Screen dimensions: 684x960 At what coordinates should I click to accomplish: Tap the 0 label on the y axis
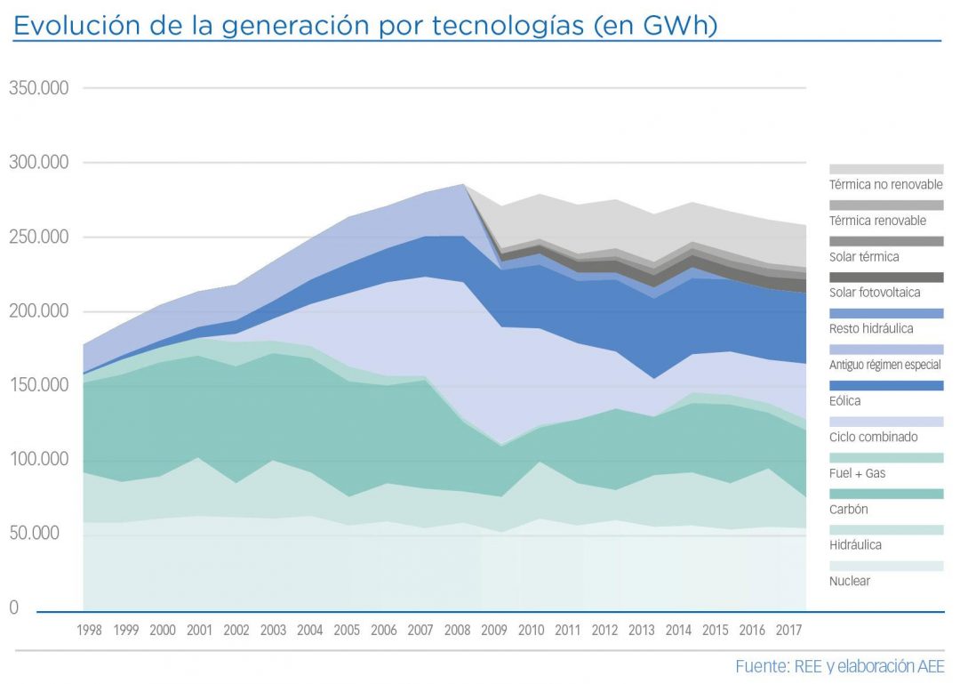tap(13, 608)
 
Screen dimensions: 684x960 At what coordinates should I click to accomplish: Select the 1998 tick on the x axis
tap(89, 630)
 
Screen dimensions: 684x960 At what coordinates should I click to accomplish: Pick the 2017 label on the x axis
tap(789, 630)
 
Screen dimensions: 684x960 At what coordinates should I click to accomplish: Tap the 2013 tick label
tap(642, 630)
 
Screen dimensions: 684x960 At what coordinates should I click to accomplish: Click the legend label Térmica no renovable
tap(885, 185)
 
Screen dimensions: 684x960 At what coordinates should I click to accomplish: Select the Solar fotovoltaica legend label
tap(875, 293)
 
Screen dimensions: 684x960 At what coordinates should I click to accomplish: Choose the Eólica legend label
tap(845, 401)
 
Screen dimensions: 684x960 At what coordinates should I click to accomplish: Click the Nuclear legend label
tap(850, 581)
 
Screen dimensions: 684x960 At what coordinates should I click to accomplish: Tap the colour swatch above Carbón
tap(886, 494)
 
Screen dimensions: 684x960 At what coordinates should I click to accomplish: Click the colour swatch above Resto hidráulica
tap(886, 313)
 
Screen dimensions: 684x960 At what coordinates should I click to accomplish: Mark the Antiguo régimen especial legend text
tap(885, 365)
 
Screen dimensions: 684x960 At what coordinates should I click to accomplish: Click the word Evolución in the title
tap(69, 26)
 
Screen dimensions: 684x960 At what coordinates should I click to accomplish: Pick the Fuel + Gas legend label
tap(857, 473)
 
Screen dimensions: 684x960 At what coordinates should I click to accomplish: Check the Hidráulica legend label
tap(857, 544)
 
